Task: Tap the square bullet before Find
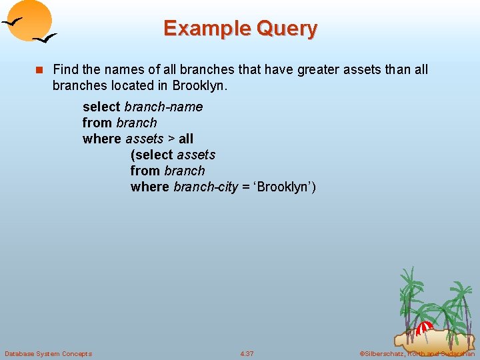pos(39,70)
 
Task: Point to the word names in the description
pos(117,69)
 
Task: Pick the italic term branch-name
pos(163,107)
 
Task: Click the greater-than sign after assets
pos(171,139)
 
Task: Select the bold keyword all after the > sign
pos(186,139)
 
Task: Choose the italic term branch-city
pos(205,187)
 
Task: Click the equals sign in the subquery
pos(245,187)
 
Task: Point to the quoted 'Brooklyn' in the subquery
pos(284,187)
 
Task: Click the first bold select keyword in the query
pos(101,107)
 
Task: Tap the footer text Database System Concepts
pos(48,353)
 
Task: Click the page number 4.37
pos(247,353)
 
